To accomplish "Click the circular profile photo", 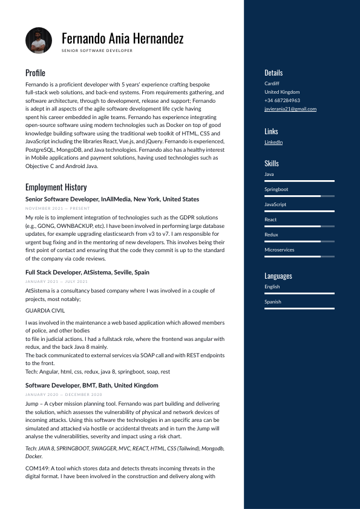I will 39,41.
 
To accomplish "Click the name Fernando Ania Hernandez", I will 122,39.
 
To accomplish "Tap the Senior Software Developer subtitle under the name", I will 97,51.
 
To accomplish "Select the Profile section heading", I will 35,73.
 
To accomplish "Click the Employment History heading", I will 56,187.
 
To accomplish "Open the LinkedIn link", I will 273,142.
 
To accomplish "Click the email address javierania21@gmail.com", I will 290,109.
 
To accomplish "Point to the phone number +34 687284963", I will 282,100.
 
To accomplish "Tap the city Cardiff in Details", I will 272,83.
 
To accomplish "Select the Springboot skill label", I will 276,189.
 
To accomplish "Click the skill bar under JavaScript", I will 299,211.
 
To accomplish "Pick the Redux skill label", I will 271,235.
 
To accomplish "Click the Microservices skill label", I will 280,250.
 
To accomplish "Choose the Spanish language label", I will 273,302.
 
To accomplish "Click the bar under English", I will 299,293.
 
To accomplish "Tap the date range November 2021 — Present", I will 53,208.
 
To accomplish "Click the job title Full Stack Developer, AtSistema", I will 87,273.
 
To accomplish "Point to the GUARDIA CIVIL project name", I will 45,310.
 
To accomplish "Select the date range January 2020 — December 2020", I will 56,394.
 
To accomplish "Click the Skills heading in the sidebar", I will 272,163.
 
